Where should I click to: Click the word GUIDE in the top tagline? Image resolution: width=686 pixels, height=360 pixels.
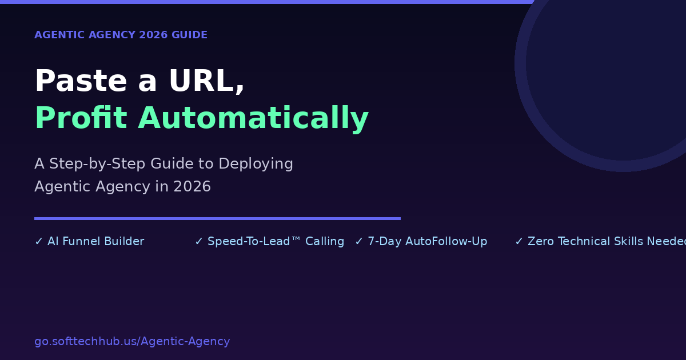[189, 35]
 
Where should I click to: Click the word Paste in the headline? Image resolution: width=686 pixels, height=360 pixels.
[81, 81]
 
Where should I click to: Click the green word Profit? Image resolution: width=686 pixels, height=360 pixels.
[81, 118]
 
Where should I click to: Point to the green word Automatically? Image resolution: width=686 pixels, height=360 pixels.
[253, 119]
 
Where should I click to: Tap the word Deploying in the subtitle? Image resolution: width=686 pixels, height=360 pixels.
[256, 164]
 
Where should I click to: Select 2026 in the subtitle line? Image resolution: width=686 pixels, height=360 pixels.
[192, 186]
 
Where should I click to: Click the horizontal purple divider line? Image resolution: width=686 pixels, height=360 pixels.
[217, 218]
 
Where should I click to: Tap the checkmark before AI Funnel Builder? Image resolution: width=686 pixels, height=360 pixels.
[39, 242]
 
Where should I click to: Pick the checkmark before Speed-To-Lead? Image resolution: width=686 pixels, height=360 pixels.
[199, 242]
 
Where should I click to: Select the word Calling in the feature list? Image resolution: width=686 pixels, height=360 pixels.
[325, 242]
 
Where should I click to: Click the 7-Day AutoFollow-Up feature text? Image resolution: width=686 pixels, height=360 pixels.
[427, 242]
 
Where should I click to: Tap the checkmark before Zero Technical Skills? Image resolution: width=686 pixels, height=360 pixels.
[519, 242]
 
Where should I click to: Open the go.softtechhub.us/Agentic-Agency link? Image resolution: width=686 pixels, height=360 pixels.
[132, 342]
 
